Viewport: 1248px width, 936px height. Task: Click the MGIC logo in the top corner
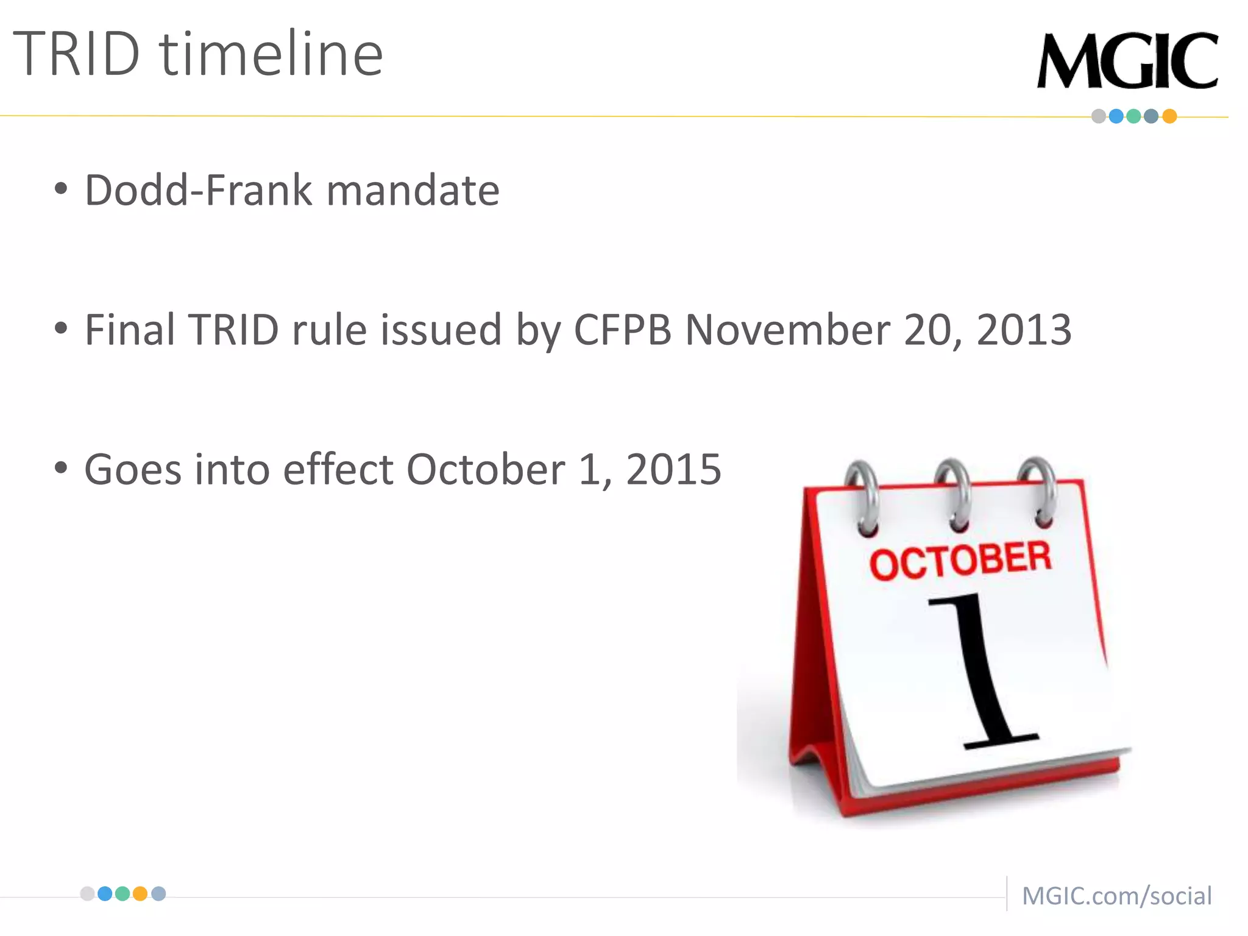click(x=1127, y=61)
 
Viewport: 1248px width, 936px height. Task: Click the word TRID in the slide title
click(x=76, y=55)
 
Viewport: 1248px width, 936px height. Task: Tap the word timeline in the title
click(x=271, y=55)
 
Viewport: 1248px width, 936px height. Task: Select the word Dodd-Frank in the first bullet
click(x=197, y=191)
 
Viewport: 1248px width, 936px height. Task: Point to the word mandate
click(x=413, y=191)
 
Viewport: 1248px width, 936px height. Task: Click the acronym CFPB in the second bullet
click(x=622, y=330)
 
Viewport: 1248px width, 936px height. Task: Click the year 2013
click(x=1024, y=330)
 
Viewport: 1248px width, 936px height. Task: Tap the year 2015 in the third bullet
click(x=673, y=470)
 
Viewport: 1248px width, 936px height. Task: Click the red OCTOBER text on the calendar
click(x=960, y=559)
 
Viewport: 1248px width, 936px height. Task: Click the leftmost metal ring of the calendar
click(x=862, y=497)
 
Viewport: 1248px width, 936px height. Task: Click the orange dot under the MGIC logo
click(x=1169, y=116)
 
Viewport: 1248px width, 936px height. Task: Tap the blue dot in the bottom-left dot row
click(x=105, y=894)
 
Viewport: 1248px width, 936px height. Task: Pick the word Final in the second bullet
click(x=130, y=330)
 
